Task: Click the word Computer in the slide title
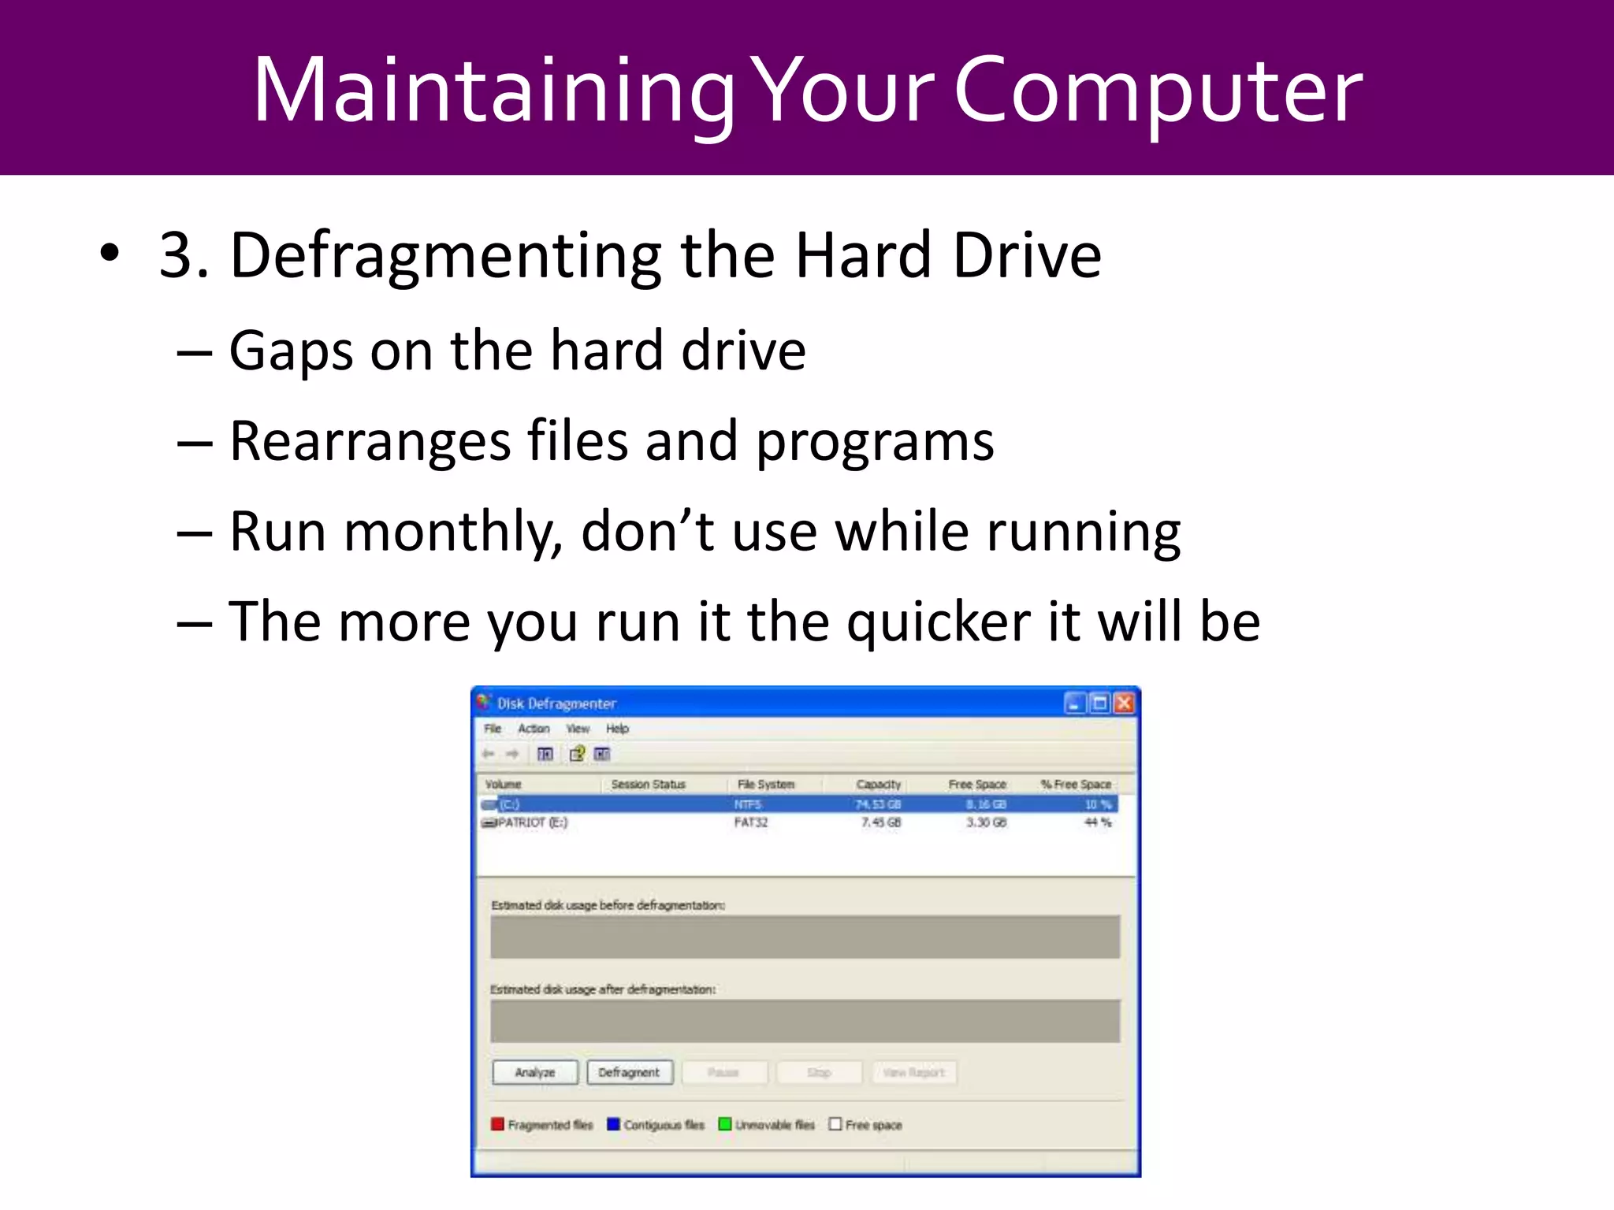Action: (x=1158, y=91)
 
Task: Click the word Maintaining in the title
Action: (x=493, y=91)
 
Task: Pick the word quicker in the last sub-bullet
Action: (x=938, y=623)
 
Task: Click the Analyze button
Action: (x=535, y=1072)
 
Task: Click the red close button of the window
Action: (x=1124, y=703)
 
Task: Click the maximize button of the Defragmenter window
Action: (x=1099, y=703)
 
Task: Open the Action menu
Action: (x=534, y=729)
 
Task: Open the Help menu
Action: (x=617, y=729)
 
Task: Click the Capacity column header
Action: (x=878, y=785)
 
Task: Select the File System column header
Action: (x=765, y=785)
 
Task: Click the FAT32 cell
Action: (x=750, y=822)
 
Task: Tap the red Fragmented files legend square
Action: (x=497, y=1124)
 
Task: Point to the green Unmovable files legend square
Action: (x=725, y=1124)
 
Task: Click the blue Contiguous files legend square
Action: (x=613, y=1124)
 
